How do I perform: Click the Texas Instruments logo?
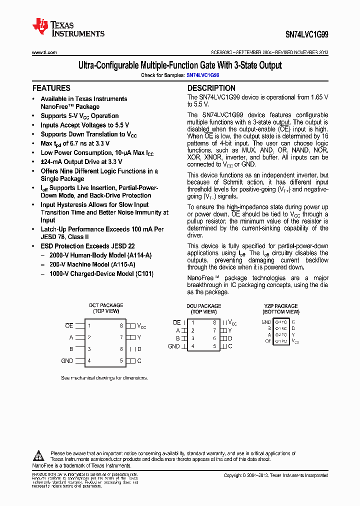point(68,28)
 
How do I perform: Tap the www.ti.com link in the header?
point(44,52)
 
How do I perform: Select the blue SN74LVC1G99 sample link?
point(203,75)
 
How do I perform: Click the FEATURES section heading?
point(51,88)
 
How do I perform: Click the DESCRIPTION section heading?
point(211,88)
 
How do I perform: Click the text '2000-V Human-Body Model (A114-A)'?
point(100,255)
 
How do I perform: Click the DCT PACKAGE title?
point(106,305)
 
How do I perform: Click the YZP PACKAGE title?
point(281,305)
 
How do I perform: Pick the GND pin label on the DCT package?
point(67,360)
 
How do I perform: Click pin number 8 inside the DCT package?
point(121,325)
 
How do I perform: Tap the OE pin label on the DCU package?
point(176,322)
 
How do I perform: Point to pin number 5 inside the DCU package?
point(214,346)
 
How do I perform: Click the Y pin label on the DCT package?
point(139,337)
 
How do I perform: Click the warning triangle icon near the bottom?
point(39,455)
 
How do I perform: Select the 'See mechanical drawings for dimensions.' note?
point(104,377)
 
